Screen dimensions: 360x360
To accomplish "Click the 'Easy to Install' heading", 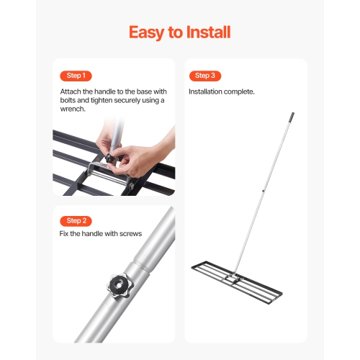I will pyautogui.click(x=179, y=32).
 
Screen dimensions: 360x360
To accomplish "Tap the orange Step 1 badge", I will pyautogui.click(x=75, y=76).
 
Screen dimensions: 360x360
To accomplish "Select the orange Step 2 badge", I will pyautogui.click(x=75, y=220).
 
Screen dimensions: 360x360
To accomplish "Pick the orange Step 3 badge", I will pyautogui.click(x=204, y=76).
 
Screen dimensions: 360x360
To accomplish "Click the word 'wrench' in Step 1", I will pyautogui.click(x=73, y=109).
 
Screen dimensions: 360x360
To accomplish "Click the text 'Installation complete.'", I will pyautogui.click(x=222, y=92).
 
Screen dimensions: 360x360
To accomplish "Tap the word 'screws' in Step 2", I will pyautogui.click(x=130, y=234).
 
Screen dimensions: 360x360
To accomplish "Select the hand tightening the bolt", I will pyautogui.click(x=140, y=151).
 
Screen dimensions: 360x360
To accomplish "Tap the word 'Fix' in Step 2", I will pyautogui.click(x=64, y=234).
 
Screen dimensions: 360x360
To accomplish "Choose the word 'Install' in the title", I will pyautogui.click(x=204, y=32).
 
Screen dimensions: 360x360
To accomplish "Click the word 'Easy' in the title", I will pyautogui.click(x=147, y=32).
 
